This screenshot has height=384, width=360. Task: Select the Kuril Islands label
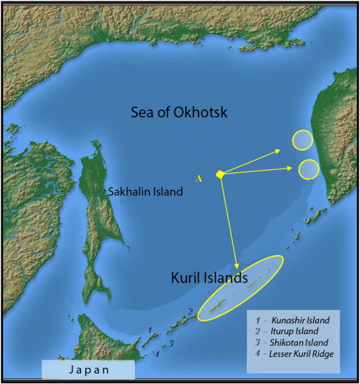pyautogui.click(x=209, y=278)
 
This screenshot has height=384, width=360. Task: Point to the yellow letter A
pyautogui.click(x=197, y=178)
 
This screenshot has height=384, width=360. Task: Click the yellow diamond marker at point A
pyautogui.click(x=220, y=174)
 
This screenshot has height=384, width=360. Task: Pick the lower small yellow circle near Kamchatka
pyautogui.click(x=309, y=169)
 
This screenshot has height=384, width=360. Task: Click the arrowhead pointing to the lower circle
pyautogui.click(x=293, y=169)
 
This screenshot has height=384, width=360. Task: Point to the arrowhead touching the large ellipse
pyautogui.click(x=236, y=267)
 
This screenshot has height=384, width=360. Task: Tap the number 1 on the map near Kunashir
pyautogui.click(x=150, y=331)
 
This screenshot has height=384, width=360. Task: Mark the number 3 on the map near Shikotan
pyautogui.click(x=170, y=342)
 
